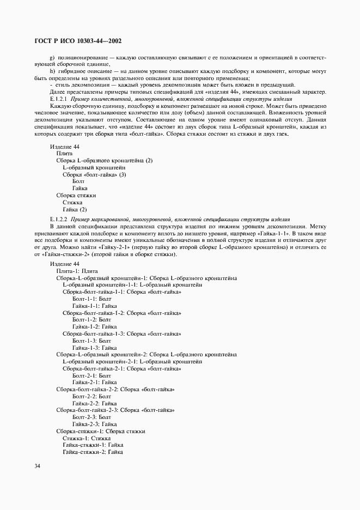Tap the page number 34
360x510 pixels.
tap(37, 466)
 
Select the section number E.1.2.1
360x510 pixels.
tap(58, 99)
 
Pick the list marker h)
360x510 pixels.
tap(52, 71)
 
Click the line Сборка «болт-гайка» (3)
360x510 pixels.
tap(94, 174)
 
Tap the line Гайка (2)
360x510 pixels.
tap(75, 209)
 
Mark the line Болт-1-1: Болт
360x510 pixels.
tap(91, 299)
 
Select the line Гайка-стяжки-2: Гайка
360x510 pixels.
tap(93, 452)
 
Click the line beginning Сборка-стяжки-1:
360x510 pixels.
tap(100, 431)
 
